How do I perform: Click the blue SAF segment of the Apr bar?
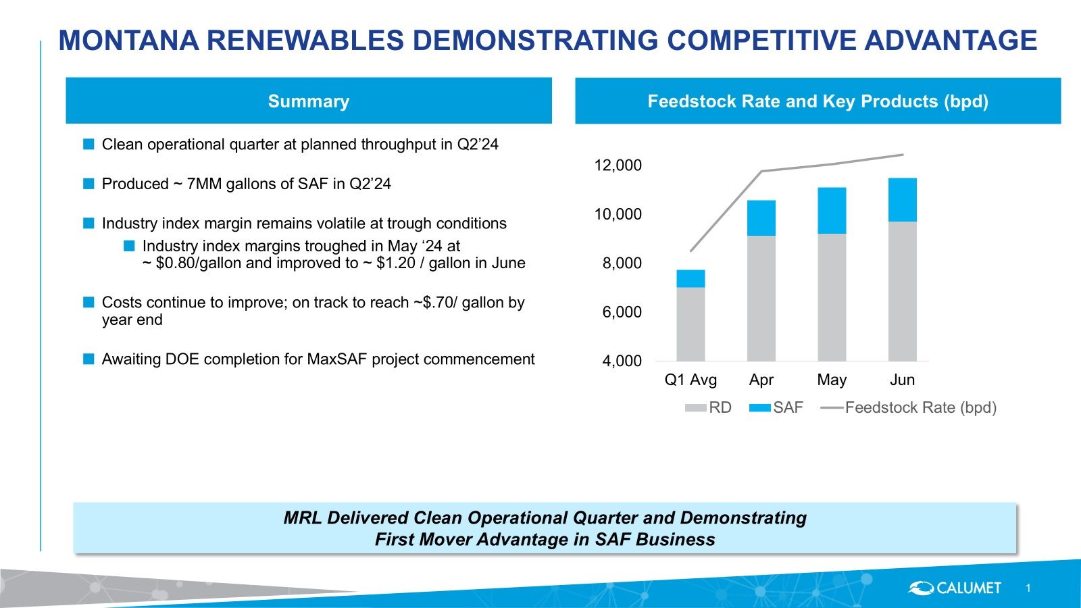pos(761,218)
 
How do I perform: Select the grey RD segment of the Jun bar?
pos(902,290)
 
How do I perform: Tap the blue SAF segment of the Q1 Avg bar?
pos(690,278)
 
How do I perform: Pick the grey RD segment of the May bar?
pos(832,297)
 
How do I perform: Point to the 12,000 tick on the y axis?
pos(618,166)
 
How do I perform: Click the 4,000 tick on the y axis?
pos(622,361)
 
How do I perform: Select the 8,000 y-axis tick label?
pos(622,263)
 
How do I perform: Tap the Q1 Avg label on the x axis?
pos(690,380)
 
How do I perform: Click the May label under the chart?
pos(832,380)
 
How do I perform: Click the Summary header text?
pos(309,101)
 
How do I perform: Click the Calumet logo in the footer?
pos(954,588)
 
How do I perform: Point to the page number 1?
pos(1028,588)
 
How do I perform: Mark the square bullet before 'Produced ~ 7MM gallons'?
pos(89,184)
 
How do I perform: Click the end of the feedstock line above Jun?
pos(902,155)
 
